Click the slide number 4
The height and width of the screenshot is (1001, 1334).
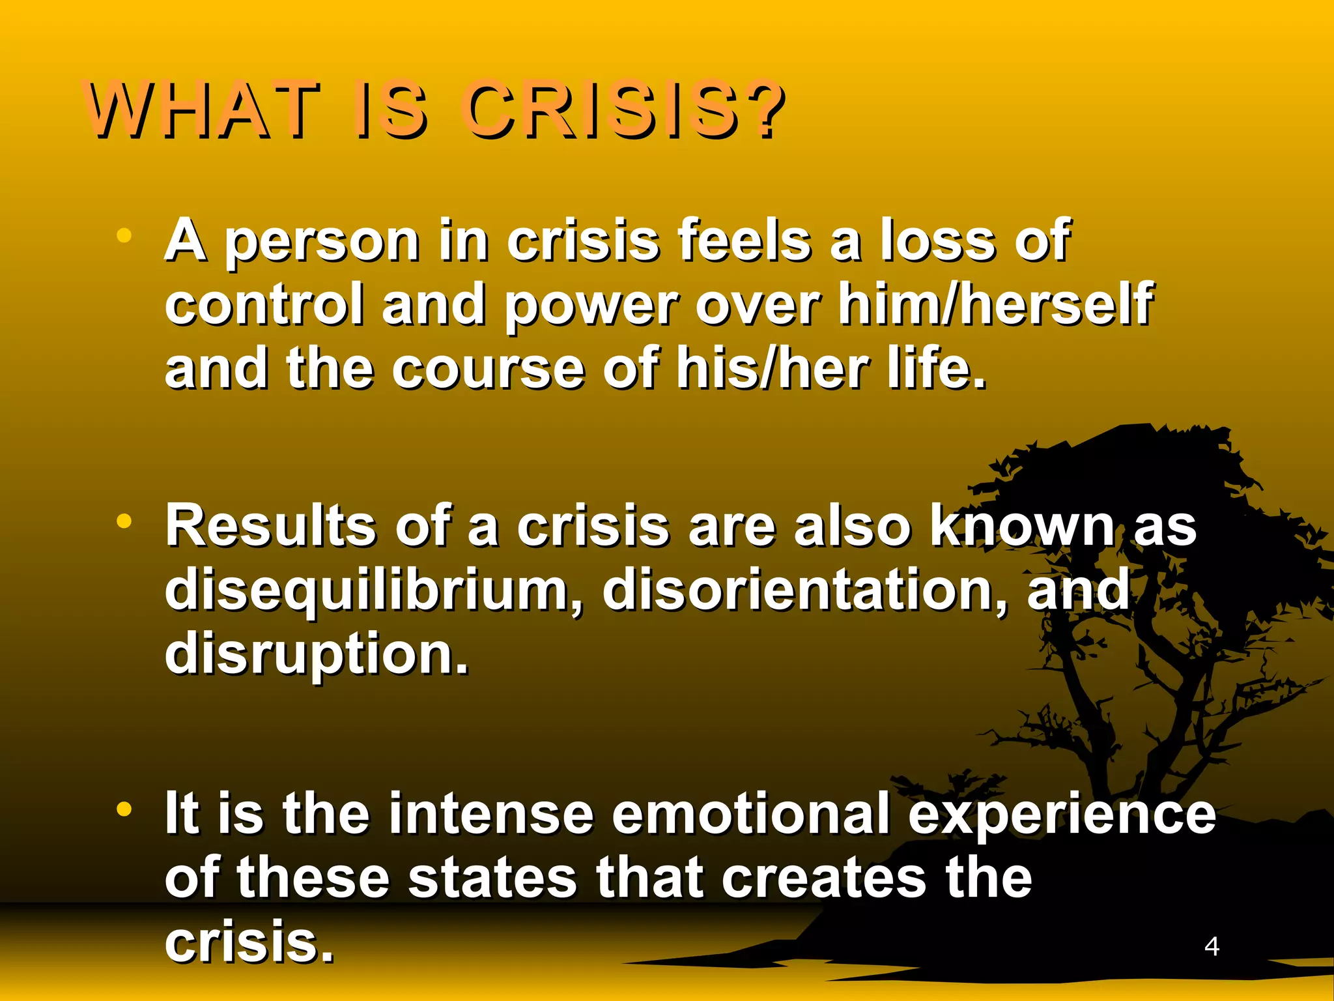(x=1212, y=946)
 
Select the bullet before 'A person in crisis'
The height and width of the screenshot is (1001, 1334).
(x=124, y=235)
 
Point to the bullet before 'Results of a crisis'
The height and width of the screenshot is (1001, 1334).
(x=124, y=521)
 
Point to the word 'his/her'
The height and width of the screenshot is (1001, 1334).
(x=773, y=368)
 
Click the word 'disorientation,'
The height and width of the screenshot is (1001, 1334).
(x=805, y=589)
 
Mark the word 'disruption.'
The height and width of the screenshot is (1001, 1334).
(x=317, y=654)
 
